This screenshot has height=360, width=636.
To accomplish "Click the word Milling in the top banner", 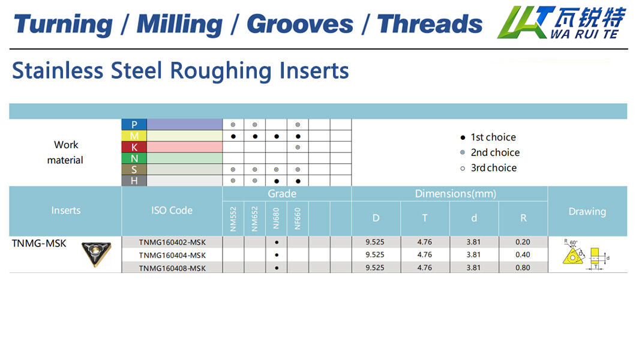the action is pos(179,25).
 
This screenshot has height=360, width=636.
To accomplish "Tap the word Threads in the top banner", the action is pos(430,24).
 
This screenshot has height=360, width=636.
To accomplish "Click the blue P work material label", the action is pos(134,124).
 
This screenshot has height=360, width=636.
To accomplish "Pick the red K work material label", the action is pos(134,147).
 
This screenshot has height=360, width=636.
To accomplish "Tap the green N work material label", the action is pos(134,158).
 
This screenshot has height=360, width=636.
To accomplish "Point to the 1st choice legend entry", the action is pos(488,137).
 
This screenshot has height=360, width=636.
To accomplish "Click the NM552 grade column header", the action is pos(233,219).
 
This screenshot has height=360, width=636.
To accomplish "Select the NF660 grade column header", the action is pos(298,219).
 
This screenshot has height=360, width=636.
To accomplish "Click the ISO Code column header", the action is pos(172,211).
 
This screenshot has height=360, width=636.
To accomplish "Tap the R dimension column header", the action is pos(523,218).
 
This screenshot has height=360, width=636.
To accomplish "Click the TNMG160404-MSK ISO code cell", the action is pos(172,256).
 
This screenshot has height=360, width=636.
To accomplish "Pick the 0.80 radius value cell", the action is pos(523,268).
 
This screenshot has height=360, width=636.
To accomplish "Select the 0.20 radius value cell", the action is pos(523,242).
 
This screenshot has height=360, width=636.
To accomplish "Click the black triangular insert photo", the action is pos(96,254).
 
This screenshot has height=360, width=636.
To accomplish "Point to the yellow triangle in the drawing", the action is pos(573,257).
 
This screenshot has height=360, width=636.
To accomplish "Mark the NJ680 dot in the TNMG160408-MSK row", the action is pos(277,268).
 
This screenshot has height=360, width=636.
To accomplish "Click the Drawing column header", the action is pos(587,211).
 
